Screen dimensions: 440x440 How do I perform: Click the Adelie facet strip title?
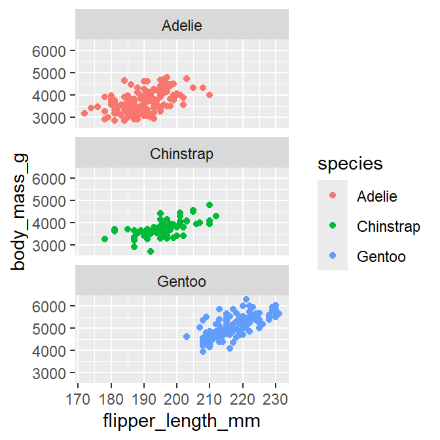click(181, 26)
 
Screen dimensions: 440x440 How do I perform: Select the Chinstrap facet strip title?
click(181, 155)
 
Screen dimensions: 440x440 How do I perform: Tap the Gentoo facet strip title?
click(181, 282)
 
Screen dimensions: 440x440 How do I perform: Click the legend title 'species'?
click(350, 164)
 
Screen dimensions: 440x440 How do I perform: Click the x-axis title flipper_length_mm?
click(181, 420)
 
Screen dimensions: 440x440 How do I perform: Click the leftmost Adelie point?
click(84, 113)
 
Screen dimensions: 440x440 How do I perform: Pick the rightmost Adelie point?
click(210, 95)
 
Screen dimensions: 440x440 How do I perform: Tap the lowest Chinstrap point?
click(151, 251)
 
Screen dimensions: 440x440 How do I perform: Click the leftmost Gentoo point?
click(187, 337)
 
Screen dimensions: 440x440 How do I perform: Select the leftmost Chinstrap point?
click(105, 239)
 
